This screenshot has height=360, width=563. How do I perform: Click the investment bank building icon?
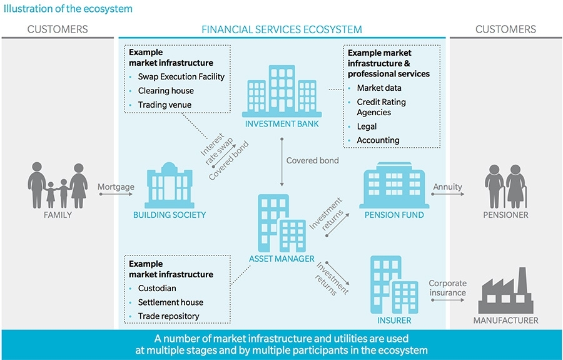(281, 91)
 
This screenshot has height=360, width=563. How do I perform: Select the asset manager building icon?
(281, 222)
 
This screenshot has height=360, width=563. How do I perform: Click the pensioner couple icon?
(505, 187)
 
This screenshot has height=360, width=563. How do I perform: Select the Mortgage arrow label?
(116, 187)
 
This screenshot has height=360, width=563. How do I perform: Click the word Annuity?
(447, 187)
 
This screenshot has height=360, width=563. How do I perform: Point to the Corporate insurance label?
(447, 288)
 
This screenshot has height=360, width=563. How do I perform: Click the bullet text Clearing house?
(166, 91)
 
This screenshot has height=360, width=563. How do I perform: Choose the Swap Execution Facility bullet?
(181, 77)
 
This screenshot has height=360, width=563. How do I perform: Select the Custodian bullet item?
(157, 289)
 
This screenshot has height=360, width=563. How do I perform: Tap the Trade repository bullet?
(168, 316)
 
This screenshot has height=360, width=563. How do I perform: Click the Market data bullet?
(379, 88)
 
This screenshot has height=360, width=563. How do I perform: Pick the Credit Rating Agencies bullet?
(381, 107)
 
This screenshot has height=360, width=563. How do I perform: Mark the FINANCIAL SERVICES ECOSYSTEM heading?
(281, 29)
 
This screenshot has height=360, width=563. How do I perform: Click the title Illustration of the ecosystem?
(67, 9)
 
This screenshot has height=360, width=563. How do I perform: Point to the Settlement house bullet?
(170, 302)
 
